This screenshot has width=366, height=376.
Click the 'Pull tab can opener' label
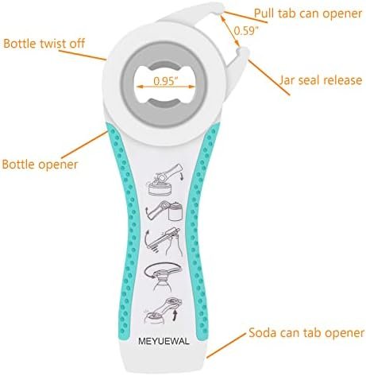(x=308, y=14)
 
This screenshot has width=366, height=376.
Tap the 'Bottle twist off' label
(x=44, y=44)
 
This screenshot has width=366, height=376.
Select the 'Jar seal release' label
(x=320, y=80)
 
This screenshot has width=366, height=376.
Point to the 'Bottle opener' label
(x=40, y=165)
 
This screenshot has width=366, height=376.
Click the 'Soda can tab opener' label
(x=306, y=333)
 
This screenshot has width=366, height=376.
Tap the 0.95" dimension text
(x=164, y=81)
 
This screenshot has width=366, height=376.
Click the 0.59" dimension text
(x=246, y=31)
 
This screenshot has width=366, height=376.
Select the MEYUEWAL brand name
(x=164, y=341)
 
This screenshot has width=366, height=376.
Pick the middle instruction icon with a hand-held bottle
(x=164, y=242)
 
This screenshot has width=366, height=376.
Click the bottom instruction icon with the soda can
(x=164, y=311)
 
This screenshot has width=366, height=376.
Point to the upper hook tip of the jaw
(x=222, y=9)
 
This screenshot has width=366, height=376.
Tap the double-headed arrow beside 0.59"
(x=230, y=31)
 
